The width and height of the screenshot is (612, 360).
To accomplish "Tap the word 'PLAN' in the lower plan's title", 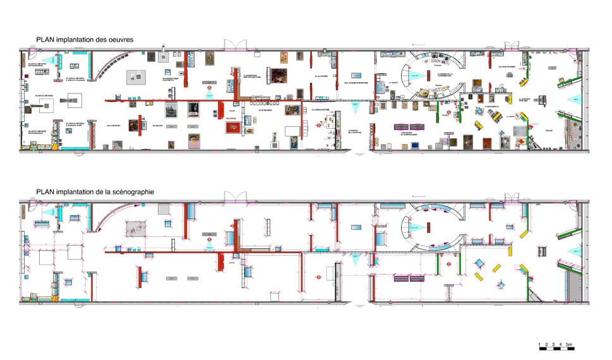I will [45, 191].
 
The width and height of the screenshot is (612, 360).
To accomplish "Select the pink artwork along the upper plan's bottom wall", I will [194, 142].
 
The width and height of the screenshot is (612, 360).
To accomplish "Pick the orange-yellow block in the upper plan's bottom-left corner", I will [55, 147].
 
